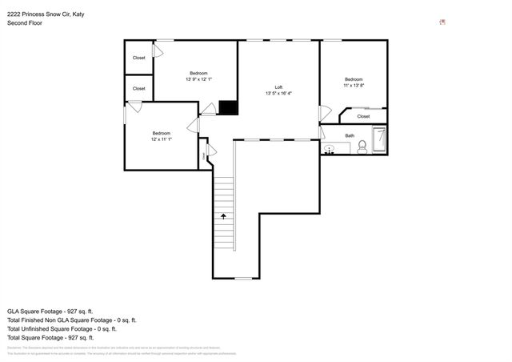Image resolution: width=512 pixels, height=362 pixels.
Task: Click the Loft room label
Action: (278, 87)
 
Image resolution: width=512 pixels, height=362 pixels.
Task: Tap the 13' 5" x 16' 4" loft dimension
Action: (278, 94)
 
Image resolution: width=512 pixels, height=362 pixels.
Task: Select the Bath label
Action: (350, 135)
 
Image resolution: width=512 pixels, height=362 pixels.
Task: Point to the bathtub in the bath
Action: (380, 141)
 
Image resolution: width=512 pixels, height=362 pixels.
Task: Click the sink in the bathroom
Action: (330, 149)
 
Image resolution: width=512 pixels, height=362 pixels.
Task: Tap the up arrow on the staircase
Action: (224, 215)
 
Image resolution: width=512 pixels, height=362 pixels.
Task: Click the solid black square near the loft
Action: (228, 107)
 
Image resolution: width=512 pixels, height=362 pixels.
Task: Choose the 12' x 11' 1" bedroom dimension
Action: (162, 139)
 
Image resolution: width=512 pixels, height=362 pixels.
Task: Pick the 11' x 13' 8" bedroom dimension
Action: (354, 85)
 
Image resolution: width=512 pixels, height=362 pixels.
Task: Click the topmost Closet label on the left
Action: (138, 58)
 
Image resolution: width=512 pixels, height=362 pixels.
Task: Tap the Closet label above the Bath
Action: (363, 116)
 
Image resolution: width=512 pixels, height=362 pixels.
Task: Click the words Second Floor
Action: (25, 23)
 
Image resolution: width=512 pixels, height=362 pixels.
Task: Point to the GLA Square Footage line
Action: (50, 311)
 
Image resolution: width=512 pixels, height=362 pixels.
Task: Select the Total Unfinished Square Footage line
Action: (62, 328)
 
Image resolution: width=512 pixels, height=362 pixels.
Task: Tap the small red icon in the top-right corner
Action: (442, 22)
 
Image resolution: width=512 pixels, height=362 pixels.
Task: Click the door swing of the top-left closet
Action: (158, 52)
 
